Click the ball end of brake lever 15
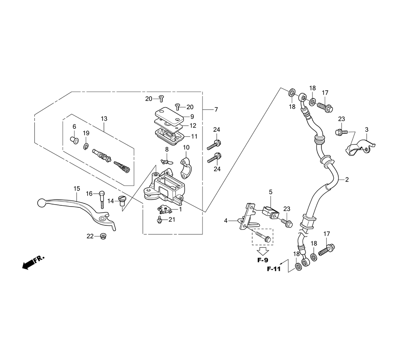41,202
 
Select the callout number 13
104,119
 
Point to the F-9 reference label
263,260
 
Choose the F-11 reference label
274,269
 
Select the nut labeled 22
103,237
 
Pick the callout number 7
216,110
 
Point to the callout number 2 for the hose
347,180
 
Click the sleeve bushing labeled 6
74,140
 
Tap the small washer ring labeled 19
86,147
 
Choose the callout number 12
193,126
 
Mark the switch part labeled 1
163,209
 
